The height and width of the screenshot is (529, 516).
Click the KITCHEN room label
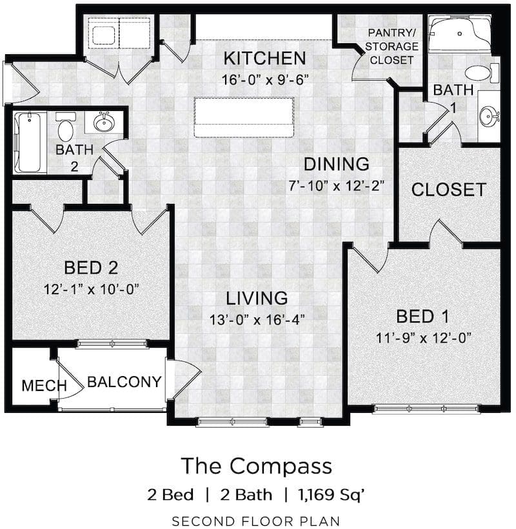point(264,58)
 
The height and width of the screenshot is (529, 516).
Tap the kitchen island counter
point(244,117)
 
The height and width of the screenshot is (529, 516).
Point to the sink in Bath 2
point(104,123)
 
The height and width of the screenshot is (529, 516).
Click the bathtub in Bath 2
point(30,142)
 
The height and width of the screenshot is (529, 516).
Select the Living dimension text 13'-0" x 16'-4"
point(257,319)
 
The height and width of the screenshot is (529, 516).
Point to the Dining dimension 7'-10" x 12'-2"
point(336,186)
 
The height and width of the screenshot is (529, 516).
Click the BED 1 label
point(422,317)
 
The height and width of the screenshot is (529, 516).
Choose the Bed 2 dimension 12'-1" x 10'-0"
point(92,289)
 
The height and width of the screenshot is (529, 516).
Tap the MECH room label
point(44,386)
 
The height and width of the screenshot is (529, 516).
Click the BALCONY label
point(124,382)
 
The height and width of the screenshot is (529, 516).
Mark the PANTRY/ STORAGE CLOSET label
point(392,46)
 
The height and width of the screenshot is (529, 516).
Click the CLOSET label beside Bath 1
point(448,190)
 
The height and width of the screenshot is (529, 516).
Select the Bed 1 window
point(426,409)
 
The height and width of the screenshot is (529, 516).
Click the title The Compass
point(257,466)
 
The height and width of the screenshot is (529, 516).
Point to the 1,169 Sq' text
point(331,495)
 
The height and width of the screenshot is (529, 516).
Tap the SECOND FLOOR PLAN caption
point(256,521)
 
